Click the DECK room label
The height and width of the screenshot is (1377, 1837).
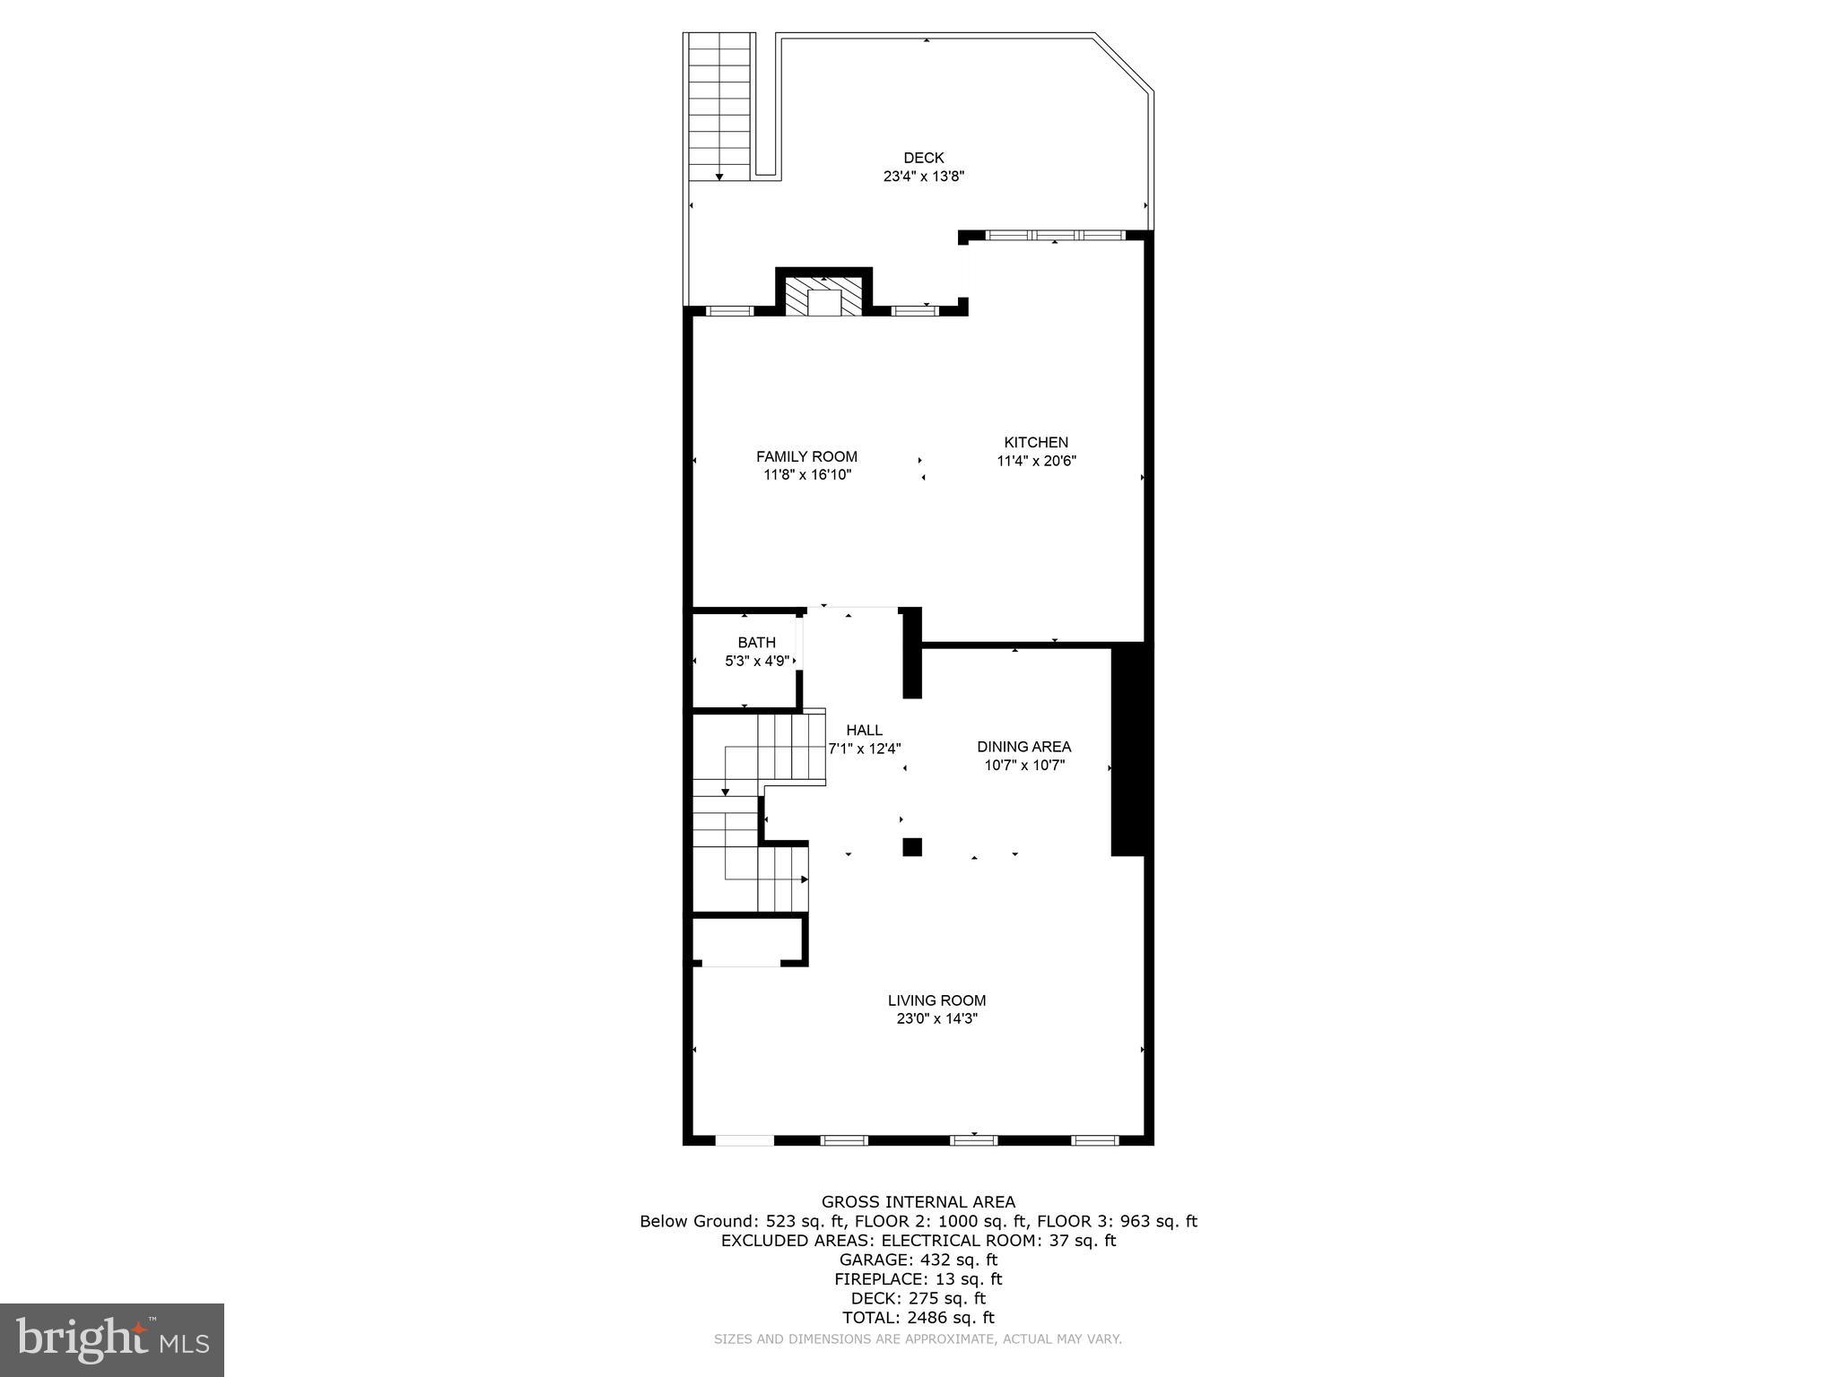click(923, 158)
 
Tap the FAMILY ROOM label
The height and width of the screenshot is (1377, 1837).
click(806, 456)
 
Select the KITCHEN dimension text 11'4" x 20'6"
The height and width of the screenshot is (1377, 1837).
click(1036, 461)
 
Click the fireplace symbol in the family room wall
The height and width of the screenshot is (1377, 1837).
click(824, 297)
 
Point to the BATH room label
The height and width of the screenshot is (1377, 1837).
click(756, 642)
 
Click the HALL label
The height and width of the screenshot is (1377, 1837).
click(864, 730)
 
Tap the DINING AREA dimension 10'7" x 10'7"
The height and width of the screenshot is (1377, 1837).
click(1023, 766)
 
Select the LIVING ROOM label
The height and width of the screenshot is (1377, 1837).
click(936, 1000)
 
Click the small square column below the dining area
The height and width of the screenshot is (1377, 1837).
click(912, 847)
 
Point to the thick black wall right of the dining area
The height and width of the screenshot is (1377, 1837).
click(1128, 749)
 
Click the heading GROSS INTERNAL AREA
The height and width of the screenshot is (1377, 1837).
click(918, 1202)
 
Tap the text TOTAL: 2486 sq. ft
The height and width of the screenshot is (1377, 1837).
click(918, 1317)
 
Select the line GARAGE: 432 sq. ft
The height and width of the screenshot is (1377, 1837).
click(918, 1260)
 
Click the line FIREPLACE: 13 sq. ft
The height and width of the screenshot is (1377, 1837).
click(918, 1279)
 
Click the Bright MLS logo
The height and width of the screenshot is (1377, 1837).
click(112, 1339)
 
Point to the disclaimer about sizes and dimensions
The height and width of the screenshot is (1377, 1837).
click(918, 1339)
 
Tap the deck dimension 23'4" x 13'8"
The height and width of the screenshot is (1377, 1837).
click(923, 177)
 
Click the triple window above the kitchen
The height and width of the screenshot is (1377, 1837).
click(1054, 236)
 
